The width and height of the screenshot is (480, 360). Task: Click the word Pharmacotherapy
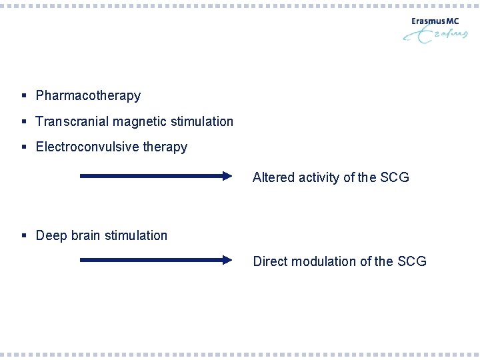pos(88,96)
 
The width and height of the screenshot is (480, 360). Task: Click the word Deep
pos(50,235)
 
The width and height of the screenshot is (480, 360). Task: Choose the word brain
pos(81,235)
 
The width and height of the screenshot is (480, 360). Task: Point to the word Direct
pos(269,261)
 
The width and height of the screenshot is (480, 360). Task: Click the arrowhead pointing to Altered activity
pos(227,177)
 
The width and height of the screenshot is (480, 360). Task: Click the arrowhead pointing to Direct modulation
pos(227,261)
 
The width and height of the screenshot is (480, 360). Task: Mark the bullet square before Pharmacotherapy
pos(24,96)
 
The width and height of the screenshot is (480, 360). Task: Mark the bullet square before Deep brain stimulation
pos(24,235)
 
